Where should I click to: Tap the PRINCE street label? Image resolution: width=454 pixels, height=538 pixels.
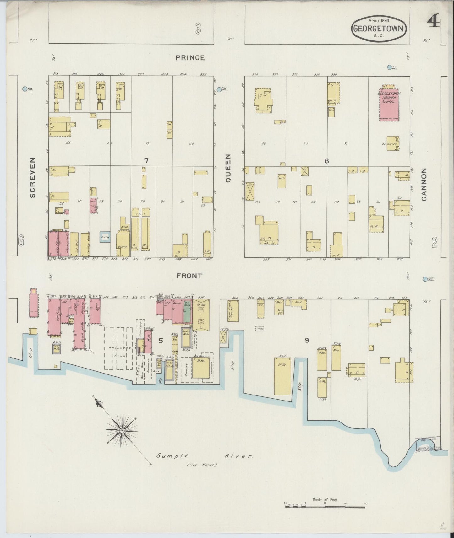(190, 58)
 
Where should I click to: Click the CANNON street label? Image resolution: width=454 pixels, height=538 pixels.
(424, 184)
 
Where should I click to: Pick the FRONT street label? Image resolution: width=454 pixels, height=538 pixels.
(189, 276)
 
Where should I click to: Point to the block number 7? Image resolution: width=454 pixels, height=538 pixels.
(146, 161)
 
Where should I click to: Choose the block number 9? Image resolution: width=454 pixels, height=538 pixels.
(307, 340)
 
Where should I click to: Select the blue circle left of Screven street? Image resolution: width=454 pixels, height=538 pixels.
(25, 89)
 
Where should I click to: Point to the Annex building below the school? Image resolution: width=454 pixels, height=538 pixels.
(393, 143)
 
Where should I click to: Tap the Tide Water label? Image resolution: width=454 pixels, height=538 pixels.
(202, 465)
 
